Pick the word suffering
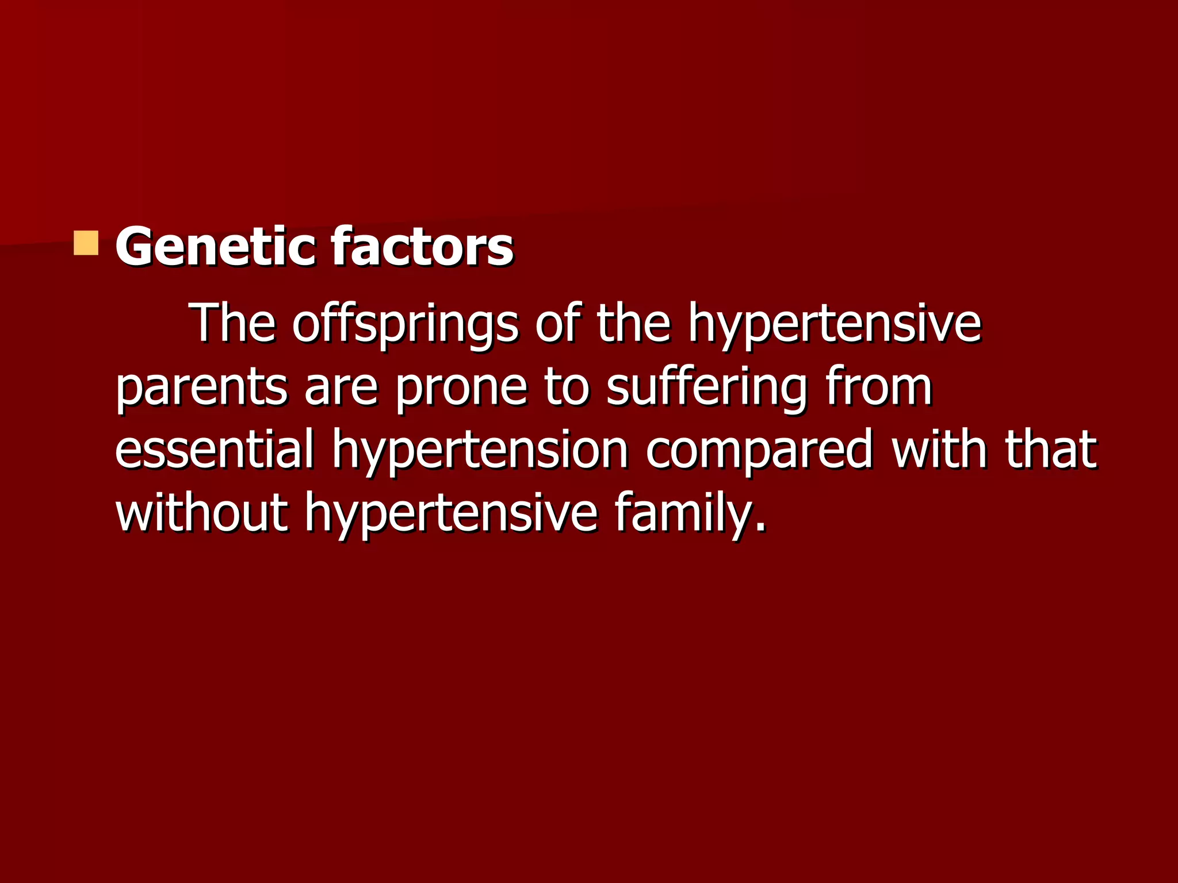[x=707, y=388]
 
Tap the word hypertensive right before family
[x=451, y=513]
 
